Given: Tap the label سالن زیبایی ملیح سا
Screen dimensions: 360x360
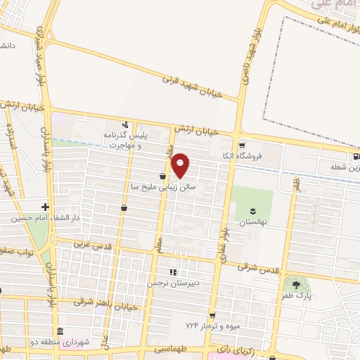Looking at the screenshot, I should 158,188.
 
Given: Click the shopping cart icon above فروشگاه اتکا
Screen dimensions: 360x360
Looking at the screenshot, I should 262,146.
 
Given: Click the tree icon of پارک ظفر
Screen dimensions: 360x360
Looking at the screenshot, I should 296,285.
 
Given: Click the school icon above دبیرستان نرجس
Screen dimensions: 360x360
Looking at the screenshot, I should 173,272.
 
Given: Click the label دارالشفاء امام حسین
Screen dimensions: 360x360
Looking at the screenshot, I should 42,219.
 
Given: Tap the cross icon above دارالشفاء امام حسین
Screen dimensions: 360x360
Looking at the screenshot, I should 45,207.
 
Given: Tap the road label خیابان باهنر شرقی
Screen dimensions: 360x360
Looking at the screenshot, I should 103,304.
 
